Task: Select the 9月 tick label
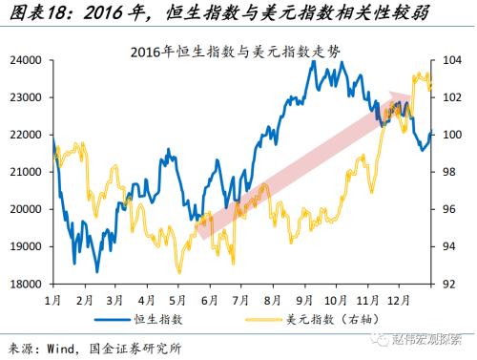(307, 298)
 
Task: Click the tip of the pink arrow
(412, 95)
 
